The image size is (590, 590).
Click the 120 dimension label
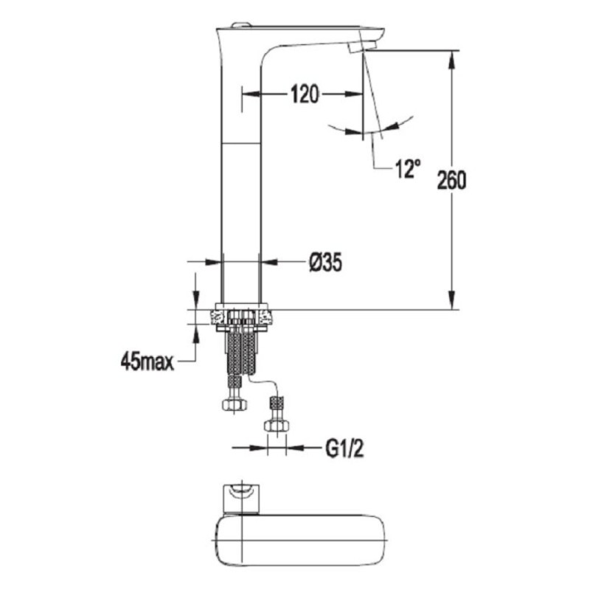305,94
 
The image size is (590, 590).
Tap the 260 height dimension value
451,180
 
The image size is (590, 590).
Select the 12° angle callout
408,168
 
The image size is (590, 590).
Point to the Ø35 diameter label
325,262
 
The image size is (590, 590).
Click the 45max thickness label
147,362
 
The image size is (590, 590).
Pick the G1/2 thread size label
344,448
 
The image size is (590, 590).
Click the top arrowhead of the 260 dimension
452,60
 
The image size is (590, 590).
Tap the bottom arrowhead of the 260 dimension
452,300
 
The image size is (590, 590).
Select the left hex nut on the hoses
235,405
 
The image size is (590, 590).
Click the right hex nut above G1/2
277,426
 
